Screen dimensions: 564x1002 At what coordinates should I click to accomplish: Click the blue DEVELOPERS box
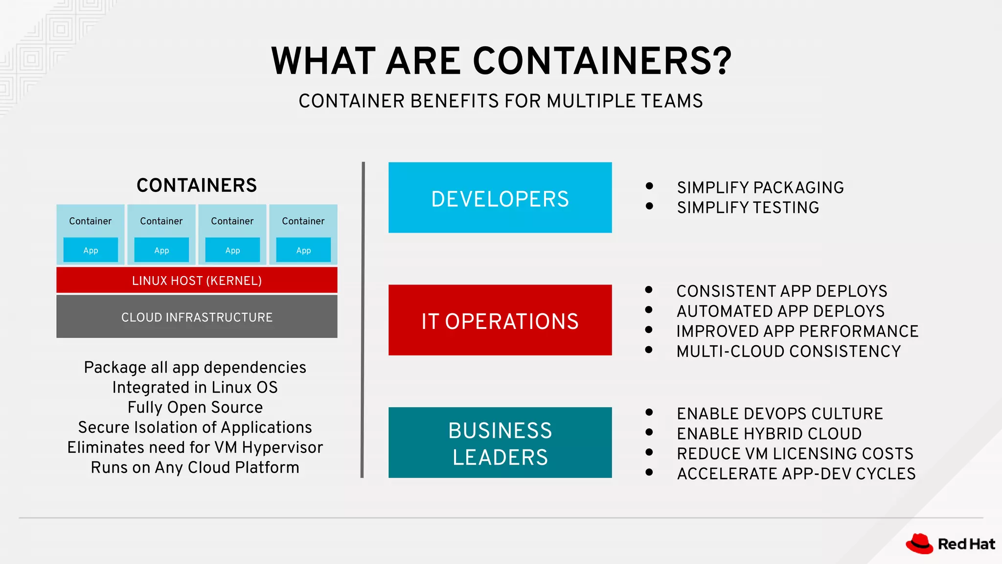[500, 198]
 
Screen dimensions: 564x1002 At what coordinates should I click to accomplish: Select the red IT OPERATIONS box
[500, 320]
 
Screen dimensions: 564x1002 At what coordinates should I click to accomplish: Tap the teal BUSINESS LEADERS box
[500, 443]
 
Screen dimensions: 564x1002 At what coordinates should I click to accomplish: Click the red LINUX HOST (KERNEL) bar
[197, 280]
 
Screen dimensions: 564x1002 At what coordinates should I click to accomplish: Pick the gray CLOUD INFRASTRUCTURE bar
[197, 317]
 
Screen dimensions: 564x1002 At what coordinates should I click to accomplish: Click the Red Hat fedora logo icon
[919, 543]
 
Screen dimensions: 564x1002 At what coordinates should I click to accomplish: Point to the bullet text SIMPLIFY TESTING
[748, 208]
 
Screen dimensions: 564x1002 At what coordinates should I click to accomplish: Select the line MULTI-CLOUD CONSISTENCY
[788, 352]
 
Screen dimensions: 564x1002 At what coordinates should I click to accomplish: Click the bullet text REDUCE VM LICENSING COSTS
[795, 454]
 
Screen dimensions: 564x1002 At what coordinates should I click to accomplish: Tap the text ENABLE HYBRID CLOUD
[769, 434]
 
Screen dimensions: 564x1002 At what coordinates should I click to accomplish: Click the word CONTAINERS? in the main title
[602, 61]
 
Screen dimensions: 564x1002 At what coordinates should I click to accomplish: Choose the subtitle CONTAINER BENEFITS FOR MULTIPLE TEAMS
[501, 101]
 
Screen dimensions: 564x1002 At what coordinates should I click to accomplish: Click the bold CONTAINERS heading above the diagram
[197, 186]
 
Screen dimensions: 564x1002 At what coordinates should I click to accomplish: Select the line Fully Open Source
[195, 407]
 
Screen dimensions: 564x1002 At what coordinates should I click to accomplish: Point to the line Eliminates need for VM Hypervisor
[195, 447]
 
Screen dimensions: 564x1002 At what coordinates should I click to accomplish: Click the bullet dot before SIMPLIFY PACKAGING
[649, 186]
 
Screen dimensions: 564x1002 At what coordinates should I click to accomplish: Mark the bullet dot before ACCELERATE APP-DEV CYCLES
[649, 472]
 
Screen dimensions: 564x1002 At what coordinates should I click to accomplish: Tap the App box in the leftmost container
[91, 250]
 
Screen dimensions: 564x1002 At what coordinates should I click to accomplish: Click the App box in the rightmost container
[303, 250]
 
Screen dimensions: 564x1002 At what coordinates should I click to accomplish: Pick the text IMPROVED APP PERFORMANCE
[797, 331]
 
